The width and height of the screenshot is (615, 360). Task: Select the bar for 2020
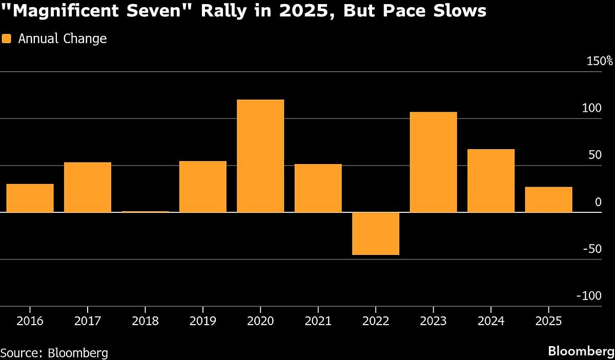[x=260, y=156]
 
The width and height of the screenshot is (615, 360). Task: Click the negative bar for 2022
[x=376, y=233]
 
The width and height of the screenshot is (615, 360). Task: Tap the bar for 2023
[x=434, y=162]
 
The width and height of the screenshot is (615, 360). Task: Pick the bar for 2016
[x=30, y=198]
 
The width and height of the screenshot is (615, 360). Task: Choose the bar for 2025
[x=548, y=199]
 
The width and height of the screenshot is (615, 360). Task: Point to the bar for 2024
[x=491, y=181]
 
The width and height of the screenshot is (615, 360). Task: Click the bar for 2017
[x=88, y=187]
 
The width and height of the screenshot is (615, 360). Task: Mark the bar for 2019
[x=203, y=187]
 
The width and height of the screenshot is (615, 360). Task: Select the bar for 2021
[x=318, y=188]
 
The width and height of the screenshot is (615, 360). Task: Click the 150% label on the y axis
[x=600, y=61]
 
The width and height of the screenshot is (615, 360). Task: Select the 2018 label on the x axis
[x=145, y=322]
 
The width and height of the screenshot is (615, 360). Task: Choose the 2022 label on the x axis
[x=376, y=322]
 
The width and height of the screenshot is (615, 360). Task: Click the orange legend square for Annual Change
[x=7, y=38]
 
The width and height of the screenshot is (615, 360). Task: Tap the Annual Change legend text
[x=62, y=38]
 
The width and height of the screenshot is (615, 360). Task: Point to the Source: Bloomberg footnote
[x=54, y=353]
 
